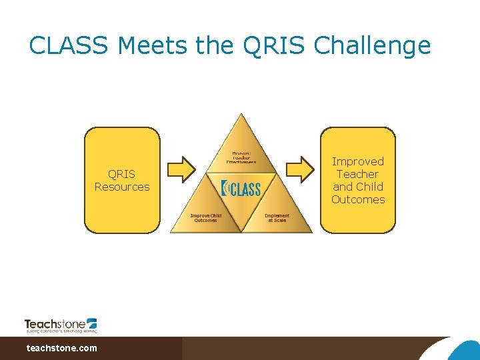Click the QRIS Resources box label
[122, 181]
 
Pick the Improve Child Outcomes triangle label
[205, 218]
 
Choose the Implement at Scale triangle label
[277, 218]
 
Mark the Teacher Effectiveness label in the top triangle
[241, 157]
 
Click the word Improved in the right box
[358, 162]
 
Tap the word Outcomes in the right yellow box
[358, 199]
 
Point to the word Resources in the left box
[122, 187]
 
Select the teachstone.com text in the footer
[61, 348]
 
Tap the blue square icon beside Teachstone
[92, 323]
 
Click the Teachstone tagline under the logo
[61, 331]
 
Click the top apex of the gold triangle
[241, 117]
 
